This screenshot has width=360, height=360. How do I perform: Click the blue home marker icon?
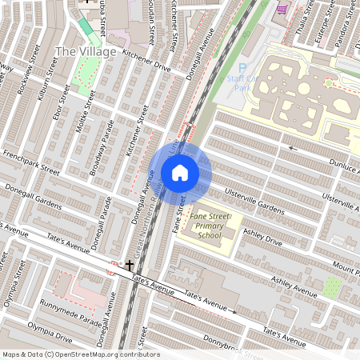[180, 172]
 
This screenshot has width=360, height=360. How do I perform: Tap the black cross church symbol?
[130, 264]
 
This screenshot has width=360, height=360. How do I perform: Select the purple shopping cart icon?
[282, 10]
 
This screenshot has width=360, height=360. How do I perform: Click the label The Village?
[85, 52]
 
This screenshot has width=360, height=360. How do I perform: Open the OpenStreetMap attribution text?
[80, 354]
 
